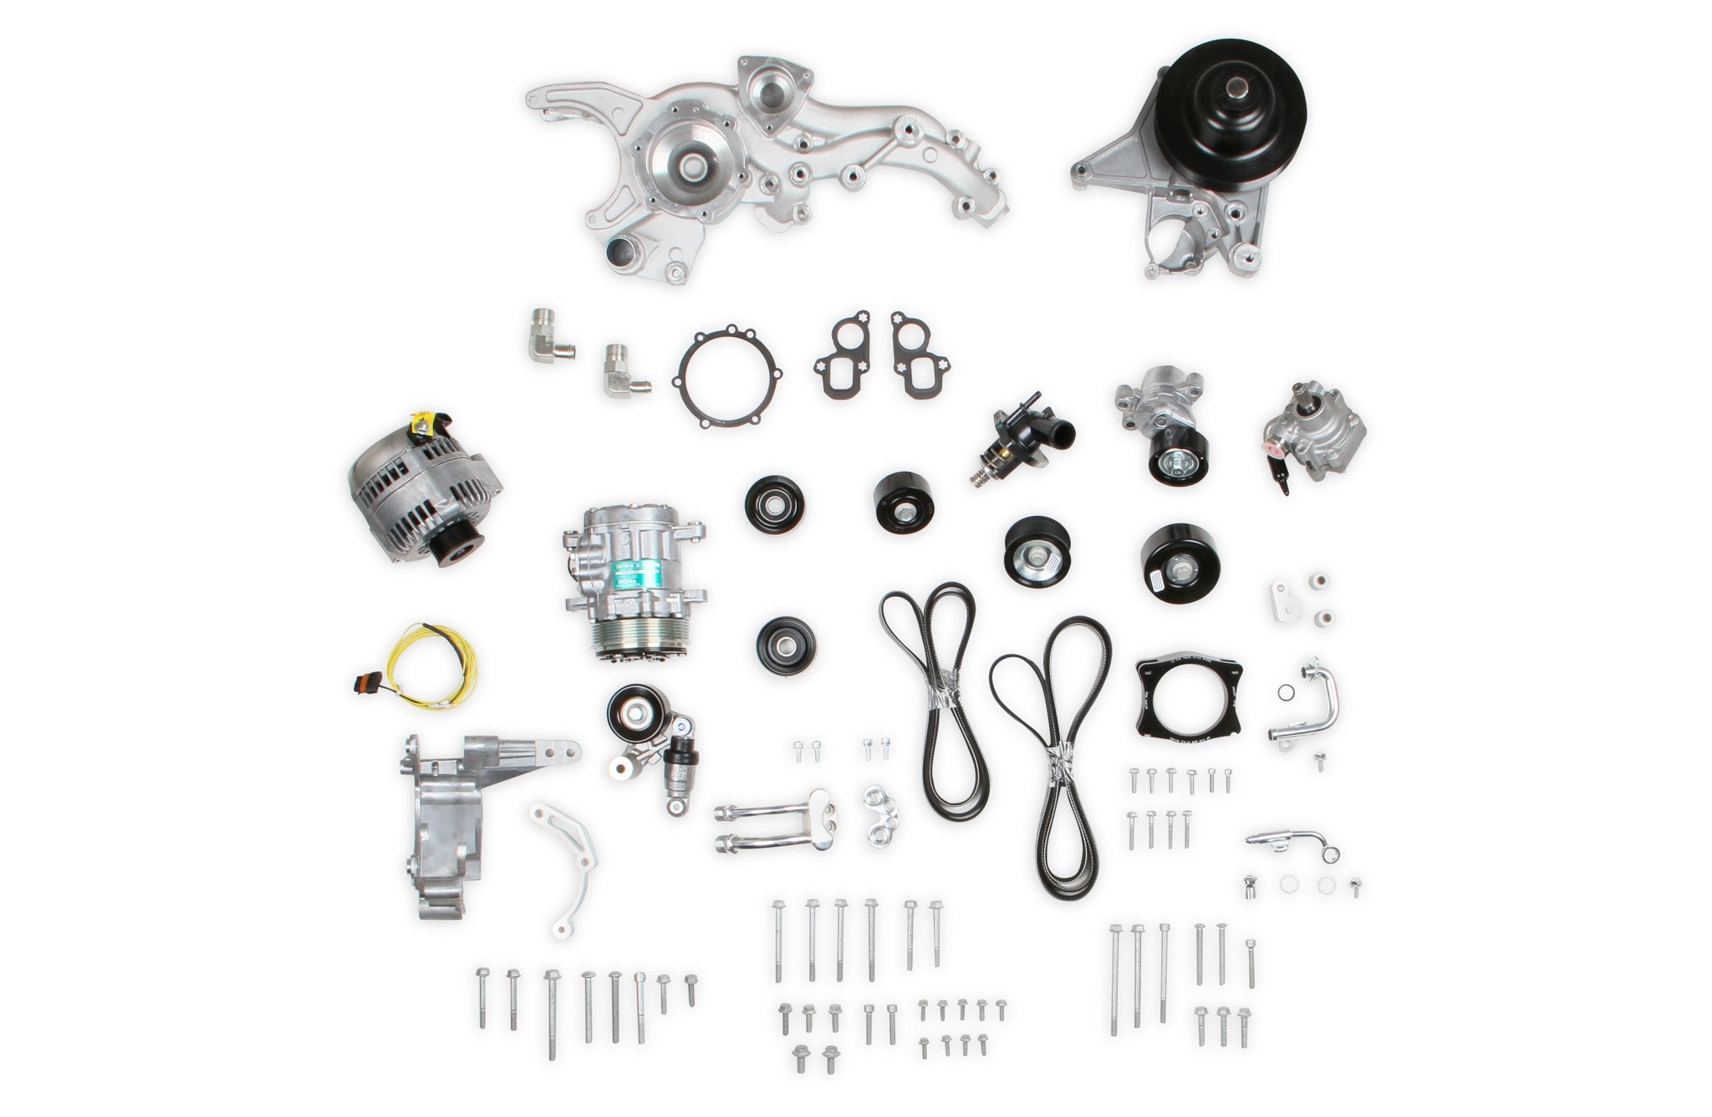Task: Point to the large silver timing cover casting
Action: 752,159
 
